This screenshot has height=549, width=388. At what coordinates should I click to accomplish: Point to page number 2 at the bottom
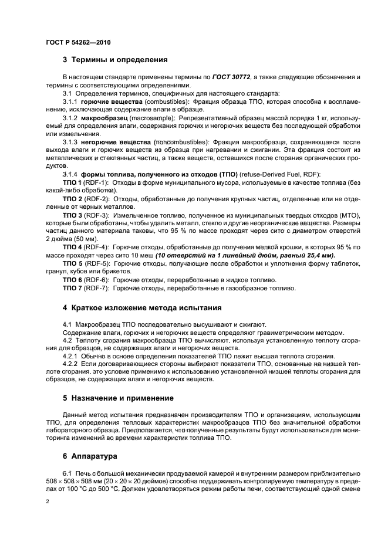pos(48,502)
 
